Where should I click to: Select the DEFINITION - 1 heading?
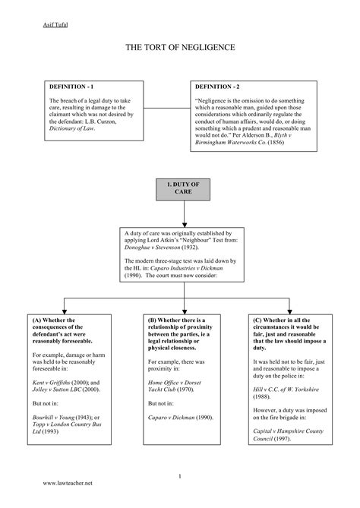click(74, 87)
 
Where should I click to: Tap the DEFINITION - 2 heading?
click(220, 87)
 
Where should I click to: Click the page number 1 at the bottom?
click(180, 476)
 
